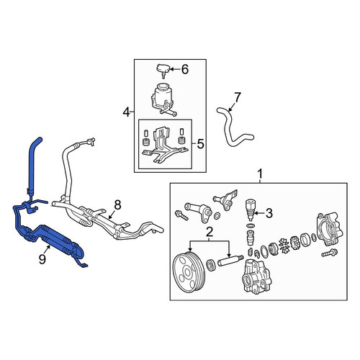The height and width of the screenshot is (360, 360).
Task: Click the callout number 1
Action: click(260, 174)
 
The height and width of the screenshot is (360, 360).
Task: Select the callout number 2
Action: click(210, 233)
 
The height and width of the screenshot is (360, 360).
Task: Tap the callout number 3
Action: click(269, 213)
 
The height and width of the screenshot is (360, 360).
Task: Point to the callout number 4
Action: click(127, 112)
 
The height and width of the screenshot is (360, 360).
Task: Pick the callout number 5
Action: click(200, 144)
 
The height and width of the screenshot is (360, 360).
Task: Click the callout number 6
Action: click(185, 69)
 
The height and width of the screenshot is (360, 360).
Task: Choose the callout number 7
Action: click(237, 97)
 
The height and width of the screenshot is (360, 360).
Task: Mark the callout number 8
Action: click(117, 205)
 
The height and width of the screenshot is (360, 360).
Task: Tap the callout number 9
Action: click(42, 259)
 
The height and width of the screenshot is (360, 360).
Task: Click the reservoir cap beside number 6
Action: click(163, 71)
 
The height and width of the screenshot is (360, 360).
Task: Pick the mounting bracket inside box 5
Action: click(164, 145)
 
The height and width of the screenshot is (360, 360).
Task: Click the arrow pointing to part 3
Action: click(258, 212)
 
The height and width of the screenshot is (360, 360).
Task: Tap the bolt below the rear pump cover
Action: click(329, 253)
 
